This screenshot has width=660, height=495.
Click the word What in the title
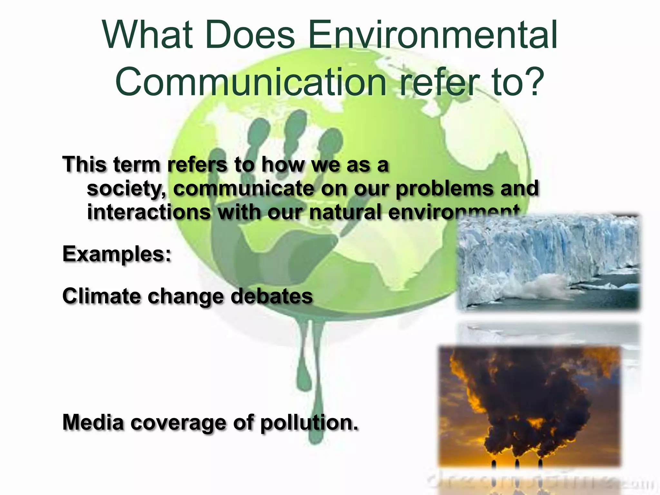(x=148, y=35)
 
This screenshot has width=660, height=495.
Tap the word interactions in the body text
(x=149, y=212)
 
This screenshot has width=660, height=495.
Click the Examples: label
(x=117, y=254)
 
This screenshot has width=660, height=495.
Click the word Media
(x=93, y=422)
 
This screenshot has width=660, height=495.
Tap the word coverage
(x=179, y=422)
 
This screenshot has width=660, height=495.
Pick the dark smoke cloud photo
(x=529, y=403)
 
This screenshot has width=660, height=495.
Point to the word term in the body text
(x=137, y=165)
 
